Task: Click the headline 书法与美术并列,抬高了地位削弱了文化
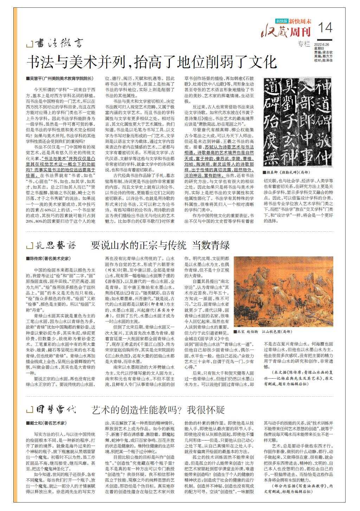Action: [x=152, y=62]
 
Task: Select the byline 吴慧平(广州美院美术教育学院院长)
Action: [x=60, y=78]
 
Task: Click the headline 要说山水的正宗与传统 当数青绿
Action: [x=160, y=245]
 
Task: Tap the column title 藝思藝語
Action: [x=56, y=245]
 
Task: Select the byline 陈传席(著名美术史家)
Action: [x=48, y=258]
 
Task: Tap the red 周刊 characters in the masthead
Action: [x=301, y=32]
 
